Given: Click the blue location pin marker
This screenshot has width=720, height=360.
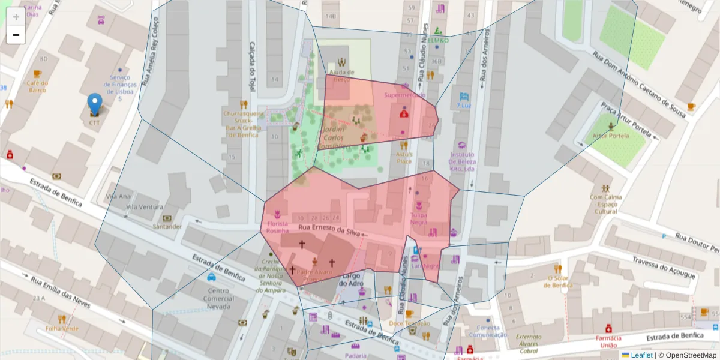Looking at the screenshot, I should click(x=94, y=104).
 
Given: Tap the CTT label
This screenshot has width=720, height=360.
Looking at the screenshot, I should click(x=94, y=122).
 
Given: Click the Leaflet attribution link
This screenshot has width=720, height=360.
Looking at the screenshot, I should click(x=641, y=355).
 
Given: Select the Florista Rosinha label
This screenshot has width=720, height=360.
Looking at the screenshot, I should click(x=277, y=227).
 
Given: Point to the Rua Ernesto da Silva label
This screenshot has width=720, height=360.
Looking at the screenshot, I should click(x=329, y=230).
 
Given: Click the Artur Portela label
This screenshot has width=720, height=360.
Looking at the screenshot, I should click(x=611, y=136).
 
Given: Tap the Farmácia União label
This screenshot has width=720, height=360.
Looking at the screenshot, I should click(x=608, y=341).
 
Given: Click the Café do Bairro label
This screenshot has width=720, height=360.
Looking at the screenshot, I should click(x=37, y=86).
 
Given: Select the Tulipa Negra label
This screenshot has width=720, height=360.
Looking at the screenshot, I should click(x=419, y=218).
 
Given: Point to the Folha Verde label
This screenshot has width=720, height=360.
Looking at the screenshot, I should click(x=62, y=328).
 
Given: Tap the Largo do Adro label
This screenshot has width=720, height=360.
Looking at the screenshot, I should click(x=353, y=280).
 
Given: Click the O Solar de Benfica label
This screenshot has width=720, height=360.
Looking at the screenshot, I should click(x=558, y=281).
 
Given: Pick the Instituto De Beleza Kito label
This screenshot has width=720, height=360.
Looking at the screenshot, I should click(x=462, y=161).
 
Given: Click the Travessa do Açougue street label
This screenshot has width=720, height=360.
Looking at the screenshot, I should click(x=664, y=267).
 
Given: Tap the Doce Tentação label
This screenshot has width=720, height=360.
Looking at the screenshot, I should click(x=409, y=323).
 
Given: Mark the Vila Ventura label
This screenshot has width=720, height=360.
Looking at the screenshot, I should click(x=144, y=207).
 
